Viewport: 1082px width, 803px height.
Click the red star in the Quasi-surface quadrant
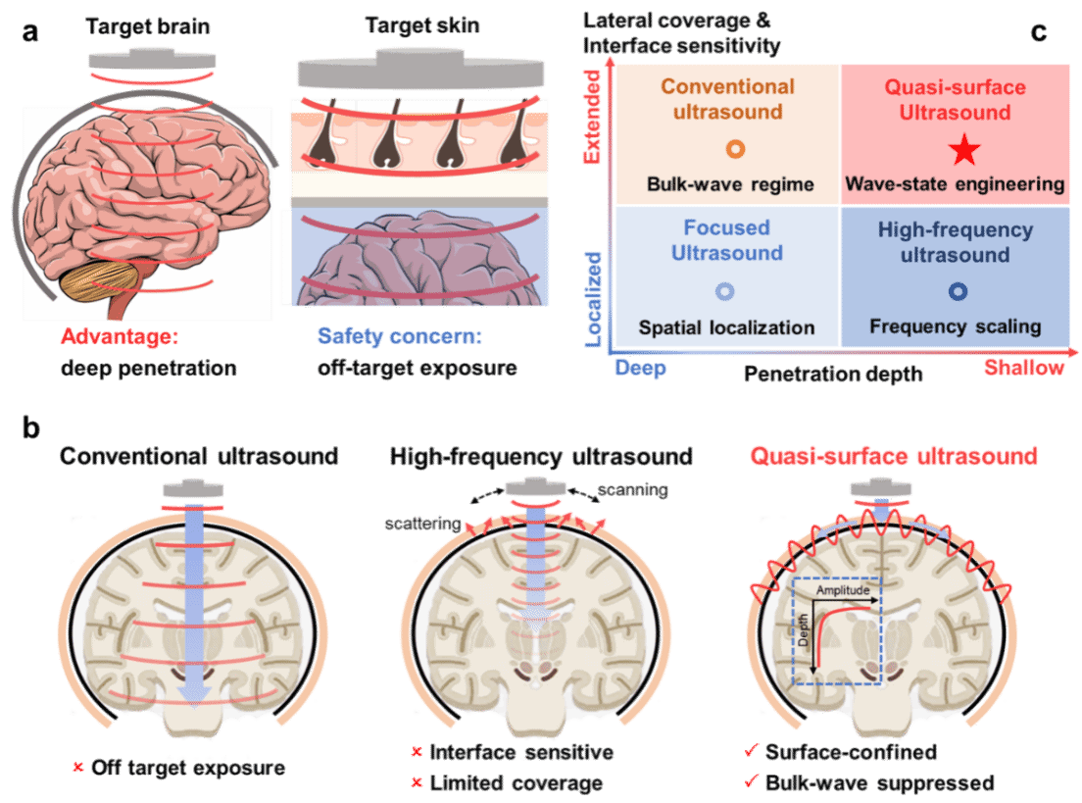click(964, 150)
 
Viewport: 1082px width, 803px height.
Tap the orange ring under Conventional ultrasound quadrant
click(736, 148)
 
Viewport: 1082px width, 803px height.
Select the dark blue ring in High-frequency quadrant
click(958, 291)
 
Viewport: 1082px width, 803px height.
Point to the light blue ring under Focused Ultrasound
click(724, 291)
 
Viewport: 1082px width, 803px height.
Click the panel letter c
click(1039, 32)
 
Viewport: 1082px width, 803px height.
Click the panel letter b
click(31, 427)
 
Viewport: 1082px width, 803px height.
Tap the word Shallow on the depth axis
click(1024, 368)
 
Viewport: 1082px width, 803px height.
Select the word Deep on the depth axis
click(640, 369)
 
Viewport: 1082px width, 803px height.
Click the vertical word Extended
click(592, 117)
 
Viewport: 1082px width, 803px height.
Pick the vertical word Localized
click(593, 299)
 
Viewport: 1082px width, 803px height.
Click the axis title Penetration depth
click(833, 375)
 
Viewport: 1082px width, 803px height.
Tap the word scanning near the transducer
click(633, 490)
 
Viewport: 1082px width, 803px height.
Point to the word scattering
click(422, 524)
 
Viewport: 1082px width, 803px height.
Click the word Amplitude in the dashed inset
click(843, 590)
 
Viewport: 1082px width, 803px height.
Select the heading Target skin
click(422, 25)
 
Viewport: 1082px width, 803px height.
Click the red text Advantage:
click(120, 336)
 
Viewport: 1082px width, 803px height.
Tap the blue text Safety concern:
click(400, 336)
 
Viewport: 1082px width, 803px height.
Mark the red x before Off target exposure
click(78, 767)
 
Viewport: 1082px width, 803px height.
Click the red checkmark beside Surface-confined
click(752, 750)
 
